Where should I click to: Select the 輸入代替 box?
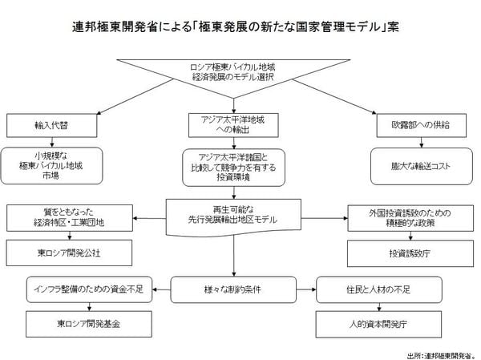coord(51,124)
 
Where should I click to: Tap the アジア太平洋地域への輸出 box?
coord(232,125)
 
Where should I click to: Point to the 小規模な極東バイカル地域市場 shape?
coord(51,165)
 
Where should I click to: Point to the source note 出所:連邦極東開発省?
coord(442,353)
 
